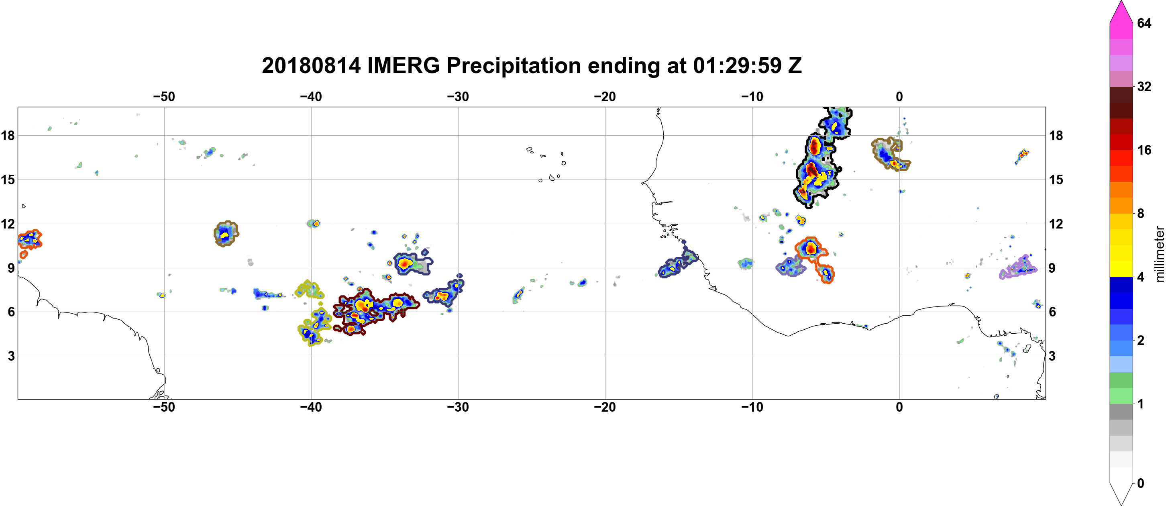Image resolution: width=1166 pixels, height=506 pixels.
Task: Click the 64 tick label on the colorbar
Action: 1144,23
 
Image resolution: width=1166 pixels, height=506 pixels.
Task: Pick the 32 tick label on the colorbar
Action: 1144,86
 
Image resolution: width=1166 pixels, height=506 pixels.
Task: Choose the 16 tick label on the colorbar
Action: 1144,150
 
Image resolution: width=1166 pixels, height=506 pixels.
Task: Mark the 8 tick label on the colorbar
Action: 1141,214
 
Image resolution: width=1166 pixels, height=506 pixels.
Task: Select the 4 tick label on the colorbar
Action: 1141,277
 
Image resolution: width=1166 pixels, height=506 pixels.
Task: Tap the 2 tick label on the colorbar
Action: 1141,341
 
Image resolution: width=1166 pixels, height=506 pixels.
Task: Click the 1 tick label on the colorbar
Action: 1141,404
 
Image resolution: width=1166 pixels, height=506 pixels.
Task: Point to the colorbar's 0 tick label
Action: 1141,484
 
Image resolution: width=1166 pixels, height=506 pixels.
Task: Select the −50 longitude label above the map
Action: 164,97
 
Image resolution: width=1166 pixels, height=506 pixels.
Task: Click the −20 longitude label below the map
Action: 605,407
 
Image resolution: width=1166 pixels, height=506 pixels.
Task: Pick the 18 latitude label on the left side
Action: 8,135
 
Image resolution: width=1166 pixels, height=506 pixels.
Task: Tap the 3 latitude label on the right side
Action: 1052,356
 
